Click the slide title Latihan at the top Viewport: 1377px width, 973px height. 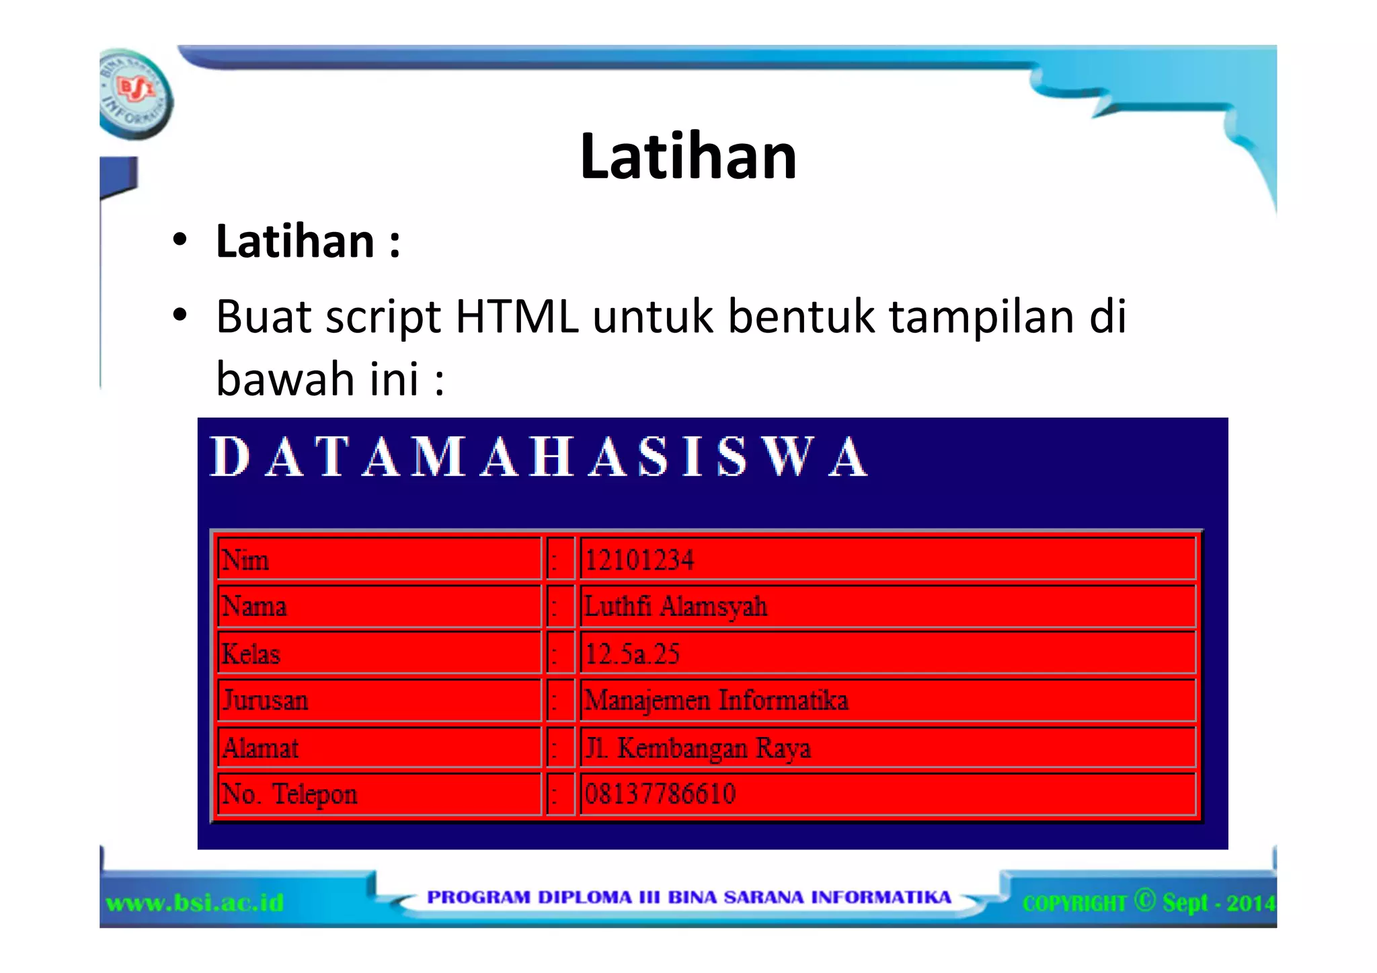point(688,157)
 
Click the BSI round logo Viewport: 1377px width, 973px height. point(136,94)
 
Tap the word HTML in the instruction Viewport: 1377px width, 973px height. point(516,316)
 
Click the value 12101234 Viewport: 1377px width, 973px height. point(639,559)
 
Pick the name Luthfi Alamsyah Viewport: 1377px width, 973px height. point(676,607)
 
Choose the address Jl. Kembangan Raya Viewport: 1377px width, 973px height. point(698,748)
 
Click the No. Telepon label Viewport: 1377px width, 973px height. point(290,794)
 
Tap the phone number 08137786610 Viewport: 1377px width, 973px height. point(660,794)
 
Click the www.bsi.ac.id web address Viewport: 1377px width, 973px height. point(195,902)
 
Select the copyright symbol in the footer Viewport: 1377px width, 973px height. point(1144,900)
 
